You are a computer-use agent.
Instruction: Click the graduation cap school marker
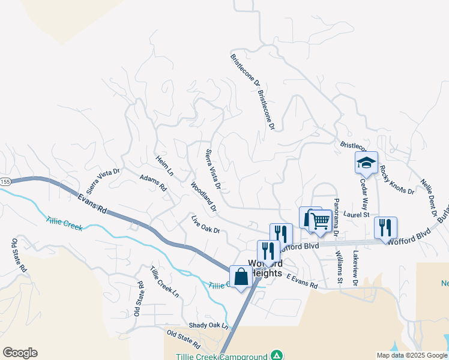click(366, 163)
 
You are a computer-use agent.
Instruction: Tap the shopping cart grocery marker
click(320, 221)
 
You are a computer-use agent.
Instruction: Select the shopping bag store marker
click(241, 277)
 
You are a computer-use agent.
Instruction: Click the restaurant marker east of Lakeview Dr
click(385, 228)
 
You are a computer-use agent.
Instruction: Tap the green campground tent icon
click(276, 356)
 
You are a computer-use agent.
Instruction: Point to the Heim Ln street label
click(164, 166)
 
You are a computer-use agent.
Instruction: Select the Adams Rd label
click(152, 183)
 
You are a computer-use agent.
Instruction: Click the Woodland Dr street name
click(204, 197)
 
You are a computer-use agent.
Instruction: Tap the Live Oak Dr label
click(205, 223)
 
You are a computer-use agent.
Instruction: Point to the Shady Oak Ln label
click(208, 325)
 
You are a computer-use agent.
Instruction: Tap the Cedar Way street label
click(363, 190)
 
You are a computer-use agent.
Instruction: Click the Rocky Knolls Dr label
click(397, 180)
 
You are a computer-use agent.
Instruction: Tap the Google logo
click(20, 353)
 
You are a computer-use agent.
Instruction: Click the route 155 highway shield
click(5, 182)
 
